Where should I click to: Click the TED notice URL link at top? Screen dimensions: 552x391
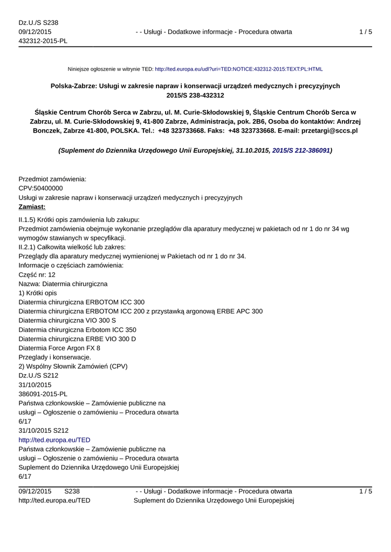[238, 69]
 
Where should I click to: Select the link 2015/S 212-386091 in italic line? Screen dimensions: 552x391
[301, 151]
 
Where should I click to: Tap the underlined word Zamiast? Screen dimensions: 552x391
[32, 206]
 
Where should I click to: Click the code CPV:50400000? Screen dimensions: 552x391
[40, 188]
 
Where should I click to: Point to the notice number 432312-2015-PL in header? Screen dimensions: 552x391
[43, 42]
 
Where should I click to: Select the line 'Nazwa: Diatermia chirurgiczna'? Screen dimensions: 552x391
[63, 284]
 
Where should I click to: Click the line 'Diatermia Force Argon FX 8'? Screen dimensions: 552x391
[59, 348]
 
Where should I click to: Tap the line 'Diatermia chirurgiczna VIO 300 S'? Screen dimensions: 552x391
[67, 320]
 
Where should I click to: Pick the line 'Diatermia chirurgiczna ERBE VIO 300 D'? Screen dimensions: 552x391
[77, 339]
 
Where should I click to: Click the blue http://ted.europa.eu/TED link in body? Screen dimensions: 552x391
[54, 440]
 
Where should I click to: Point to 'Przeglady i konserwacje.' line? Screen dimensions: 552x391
[55, 357]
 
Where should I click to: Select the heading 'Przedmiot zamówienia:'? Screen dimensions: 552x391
[52, 178]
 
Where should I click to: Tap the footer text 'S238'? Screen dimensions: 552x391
[72, 491]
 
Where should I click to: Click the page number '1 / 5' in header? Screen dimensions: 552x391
[365, 32]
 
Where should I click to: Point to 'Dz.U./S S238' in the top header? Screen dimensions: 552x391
[38, 23]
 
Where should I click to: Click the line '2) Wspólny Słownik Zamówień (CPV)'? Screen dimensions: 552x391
[73, 367]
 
